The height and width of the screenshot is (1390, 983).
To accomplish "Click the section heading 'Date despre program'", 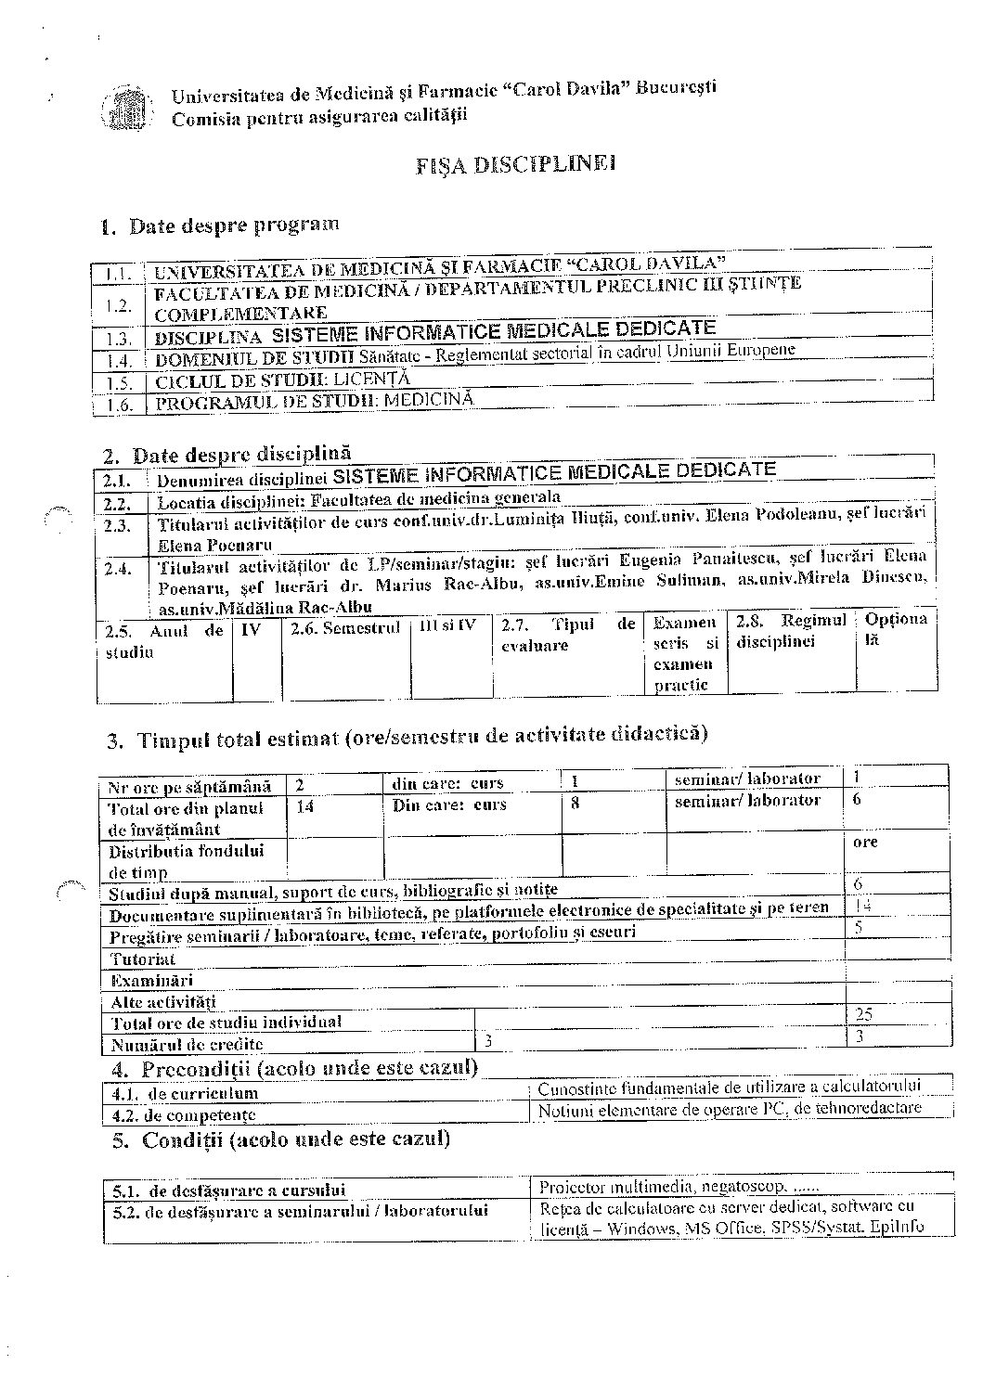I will (x=233, y=225).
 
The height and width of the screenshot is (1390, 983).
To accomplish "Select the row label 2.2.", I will (x=118, y=504).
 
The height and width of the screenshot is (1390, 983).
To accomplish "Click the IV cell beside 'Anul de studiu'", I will (x=252, y=629).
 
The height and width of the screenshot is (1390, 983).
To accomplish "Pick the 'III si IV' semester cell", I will (x=447, y=625).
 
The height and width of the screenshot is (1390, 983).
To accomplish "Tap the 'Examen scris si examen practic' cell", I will (x=684, y=653).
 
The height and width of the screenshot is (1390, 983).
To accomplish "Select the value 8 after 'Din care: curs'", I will (x=576, y=804).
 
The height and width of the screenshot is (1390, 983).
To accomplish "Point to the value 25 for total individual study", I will (x=864, y=1013).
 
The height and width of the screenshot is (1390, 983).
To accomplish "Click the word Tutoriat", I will (x=143, y=959).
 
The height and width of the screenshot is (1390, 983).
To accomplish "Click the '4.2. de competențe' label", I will (x=184, y=1114).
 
